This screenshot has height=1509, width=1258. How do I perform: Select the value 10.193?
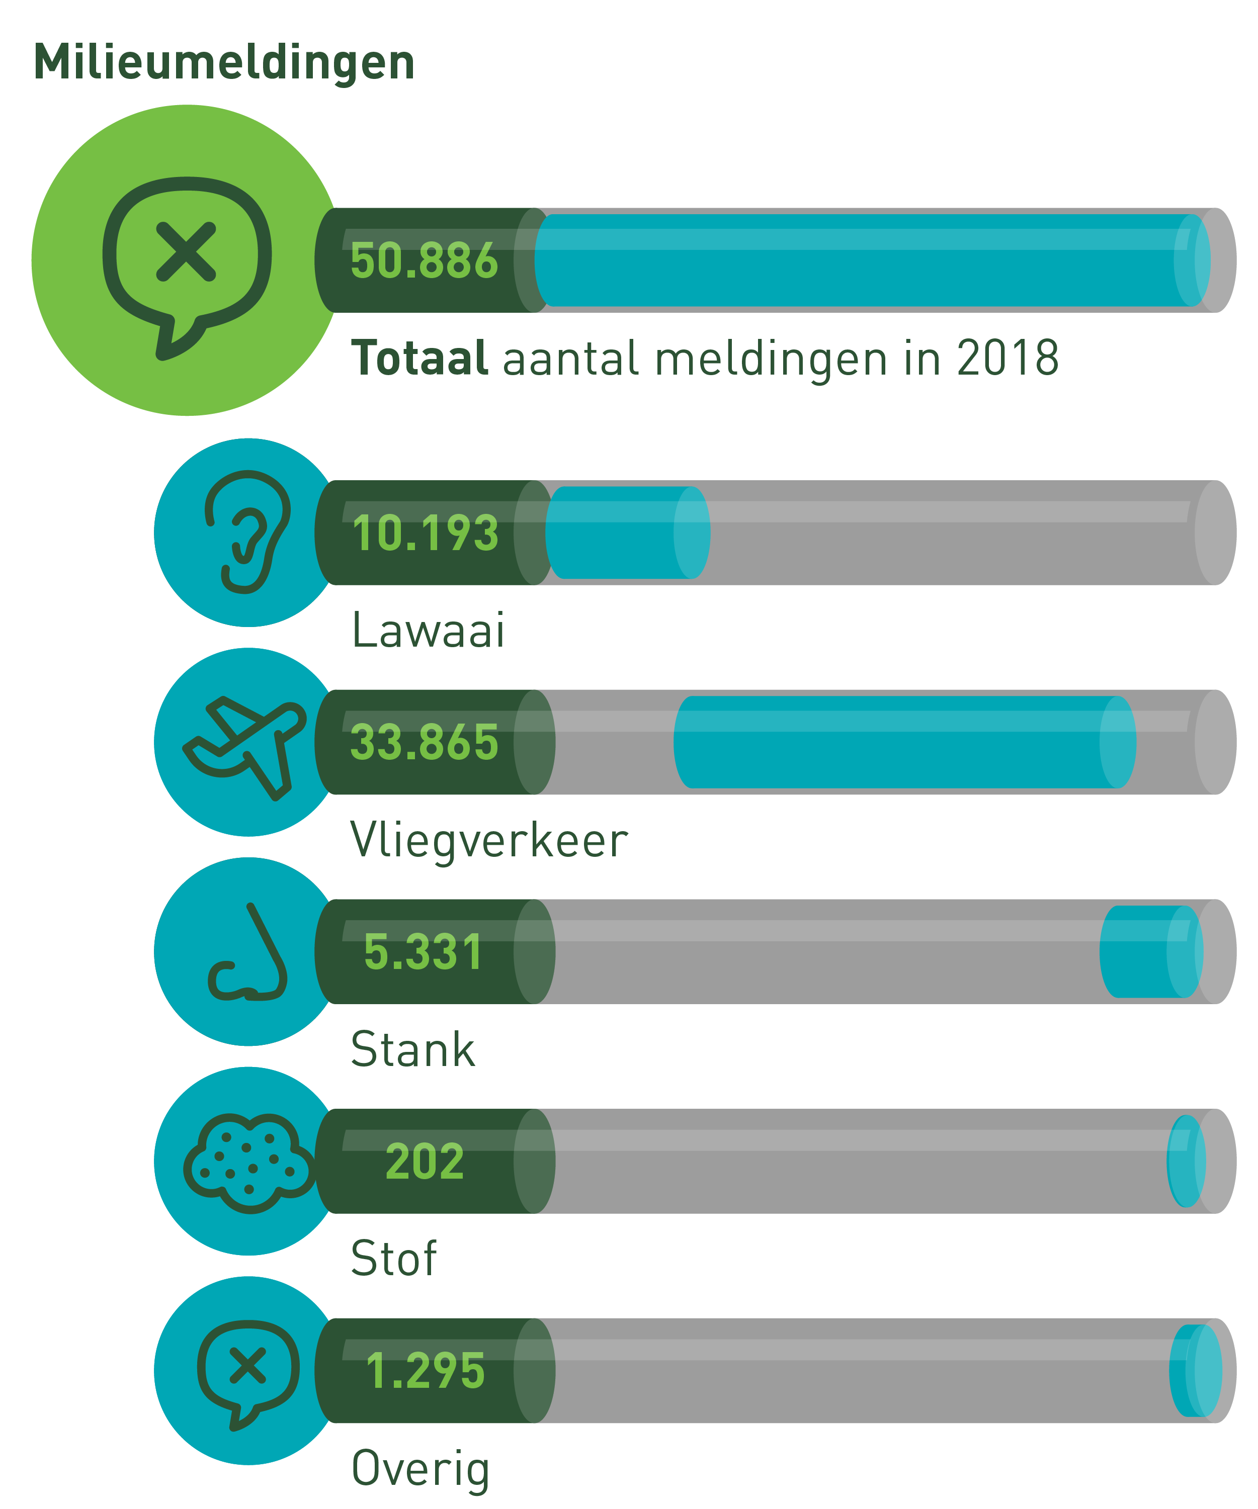[x=426, y=533]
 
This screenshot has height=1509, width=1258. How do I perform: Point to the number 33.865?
[x=424, y=742]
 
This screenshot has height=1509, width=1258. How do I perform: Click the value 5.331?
[x=423, y=952]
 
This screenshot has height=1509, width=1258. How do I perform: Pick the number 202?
[x=425, y=1162]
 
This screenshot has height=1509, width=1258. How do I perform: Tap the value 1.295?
[x=426, y=1371]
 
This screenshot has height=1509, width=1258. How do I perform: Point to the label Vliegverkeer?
[x=489, y=841]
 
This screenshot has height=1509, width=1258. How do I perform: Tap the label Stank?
[x=412, y=1050]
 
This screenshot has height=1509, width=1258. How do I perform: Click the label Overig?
[x=421, y=1469]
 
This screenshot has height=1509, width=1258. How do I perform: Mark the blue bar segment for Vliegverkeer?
[x=905, y=742]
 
